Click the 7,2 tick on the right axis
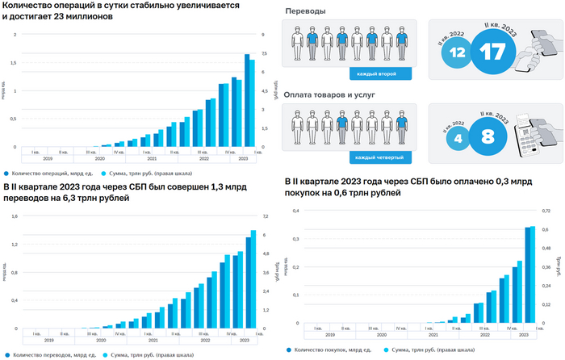(265, 216)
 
